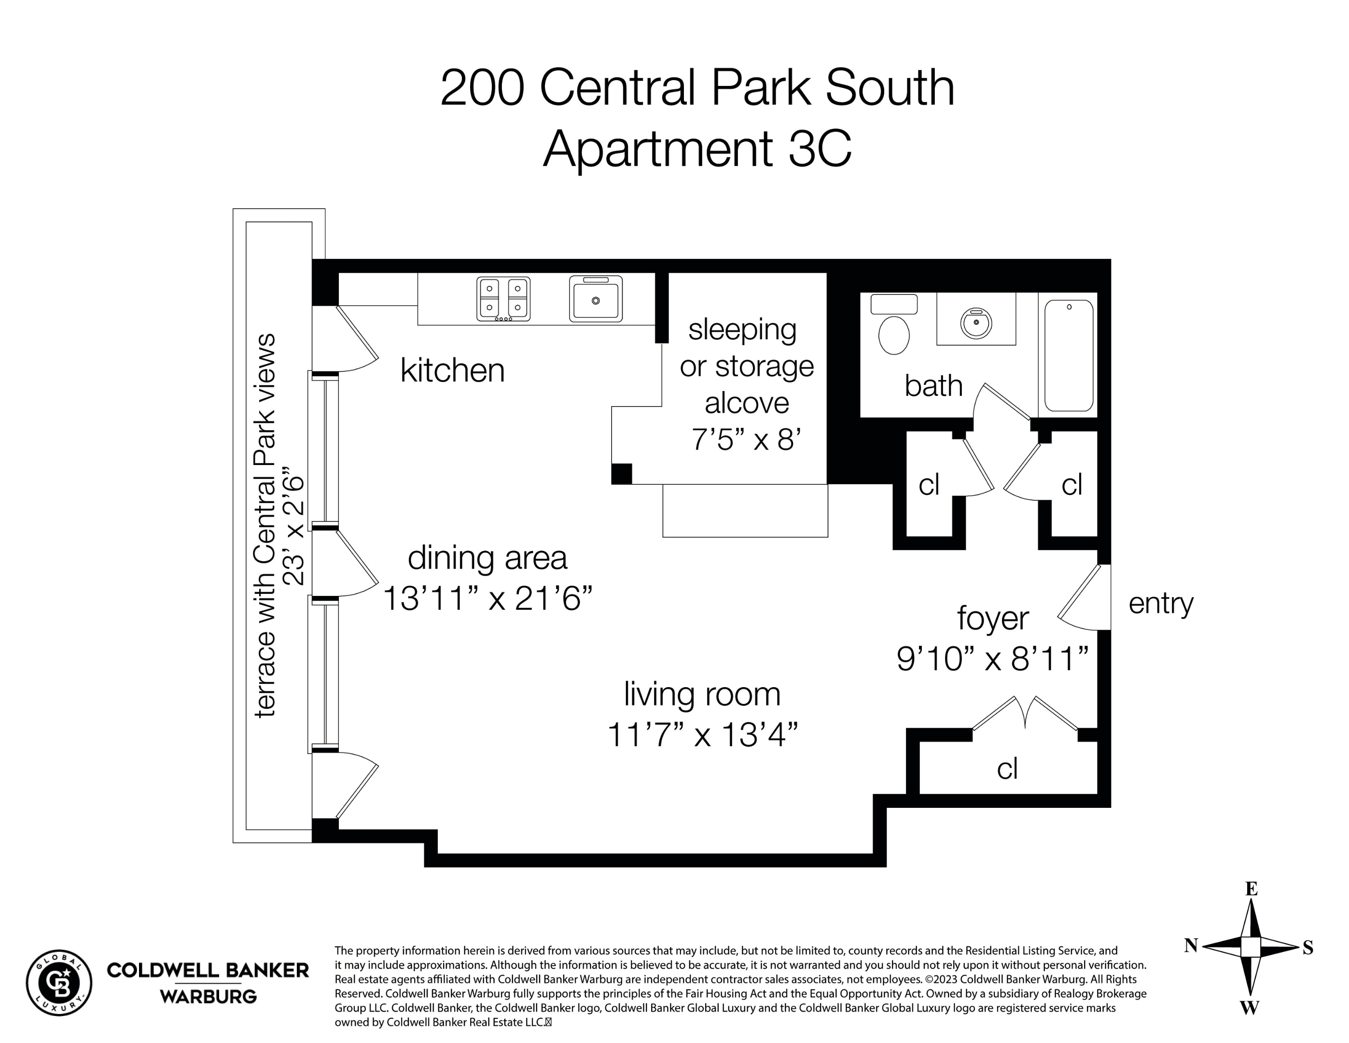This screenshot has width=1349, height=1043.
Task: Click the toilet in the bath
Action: click(x=894, y=327)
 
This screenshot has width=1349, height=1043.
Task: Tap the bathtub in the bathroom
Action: click(x=1069, y=355)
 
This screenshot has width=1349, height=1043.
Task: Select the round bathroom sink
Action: click(x=976, y=322)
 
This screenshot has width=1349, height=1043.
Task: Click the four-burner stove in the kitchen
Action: click(x=503, y=299)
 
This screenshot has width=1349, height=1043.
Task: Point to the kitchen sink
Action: click(x=596, y=299)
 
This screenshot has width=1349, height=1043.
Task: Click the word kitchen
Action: click(x=452, y=371)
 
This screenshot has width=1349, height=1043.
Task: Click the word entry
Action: click(x=1160, y=603)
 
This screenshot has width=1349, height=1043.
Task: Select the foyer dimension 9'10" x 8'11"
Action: click(x=992, y=659)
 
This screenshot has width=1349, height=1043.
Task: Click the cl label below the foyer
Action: click(x=1007, y=769)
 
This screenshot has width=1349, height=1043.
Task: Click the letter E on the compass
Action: click(x=1251, y=889)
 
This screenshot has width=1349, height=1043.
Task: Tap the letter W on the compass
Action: click(x=1250, y=1008)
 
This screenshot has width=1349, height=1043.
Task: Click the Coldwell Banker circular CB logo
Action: click(x=59, y=983)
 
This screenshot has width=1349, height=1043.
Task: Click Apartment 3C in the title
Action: click(x=697, y=148)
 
